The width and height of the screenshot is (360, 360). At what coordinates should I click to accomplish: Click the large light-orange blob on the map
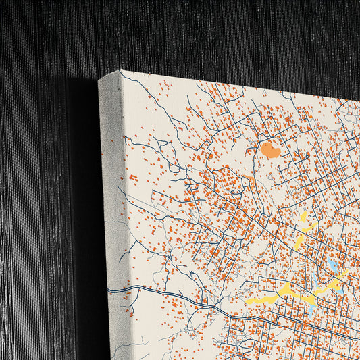[x=270, y=150]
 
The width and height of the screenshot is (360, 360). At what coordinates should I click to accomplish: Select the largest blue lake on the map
[x=334, y=265]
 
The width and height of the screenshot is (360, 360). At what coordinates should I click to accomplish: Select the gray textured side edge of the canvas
[x=112, y=203]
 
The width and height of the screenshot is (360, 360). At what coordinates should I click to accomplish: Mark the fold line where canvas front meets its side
[x=122, y=203]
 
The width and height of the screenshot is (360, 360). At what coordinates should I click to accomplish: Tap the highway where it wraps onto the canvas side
[x=115, y=289]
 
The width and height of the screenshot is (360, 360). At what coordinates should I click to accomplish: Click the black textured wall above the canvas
[x=203, y=34]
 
